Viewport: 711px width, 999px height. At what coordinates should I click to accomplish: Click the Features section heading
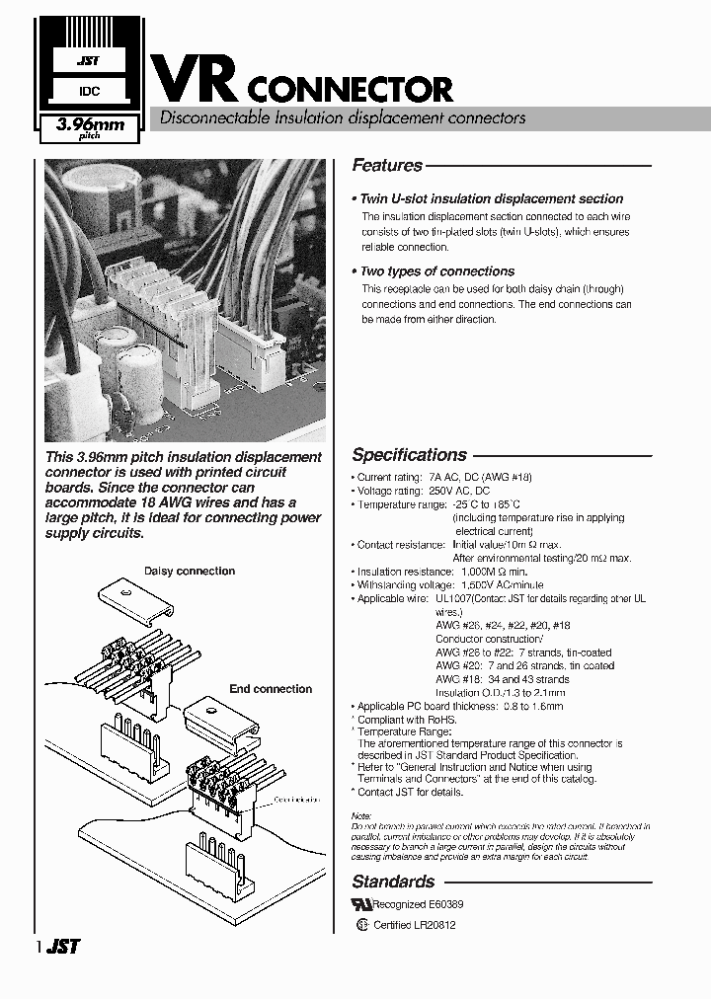point(387,166)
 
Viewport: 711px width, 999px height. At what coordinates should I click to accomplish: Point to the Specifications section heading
point(409,455)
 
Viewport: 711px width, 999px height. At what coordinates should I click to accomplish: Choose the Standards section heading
point(393,882)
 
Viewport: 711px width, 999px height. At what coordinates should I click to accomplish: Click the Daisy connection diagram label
point(190,571)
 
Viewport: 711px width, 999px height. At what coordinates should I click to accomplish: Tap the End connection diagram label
point(271,689)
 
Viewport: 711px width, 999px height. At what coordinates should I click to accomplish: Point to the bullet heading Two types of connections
point(435,271)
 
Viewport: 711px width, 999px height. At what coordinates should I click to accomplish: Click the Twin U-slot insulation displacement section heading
point(490,198)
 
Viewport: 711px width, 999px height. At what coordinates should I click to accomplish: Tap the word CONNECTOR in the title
point(350,90)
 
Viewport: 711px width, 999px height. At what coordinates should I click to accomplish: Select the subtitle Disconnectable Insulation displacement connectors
point(337,118)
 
